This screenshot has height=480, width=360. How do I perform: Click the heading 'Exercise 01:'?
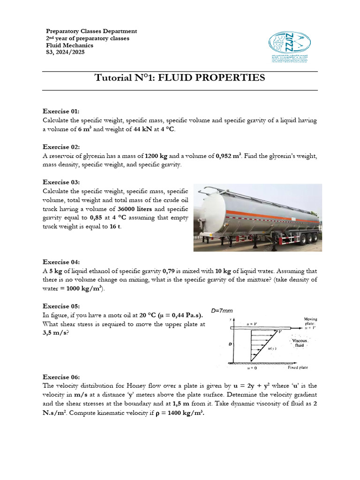[x=61, y=111]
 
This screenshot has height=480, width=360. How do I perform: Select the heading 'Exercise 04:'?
[x=61, y=262]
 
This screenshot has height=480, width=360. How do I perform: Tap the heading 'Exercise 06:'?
[x=61, y=377]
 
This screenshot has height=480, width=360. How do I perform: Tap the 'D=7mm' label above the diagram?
[x=222, y=310]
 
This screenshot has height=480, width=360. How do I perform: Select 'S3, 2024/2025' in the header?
[x=66, y=52]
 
